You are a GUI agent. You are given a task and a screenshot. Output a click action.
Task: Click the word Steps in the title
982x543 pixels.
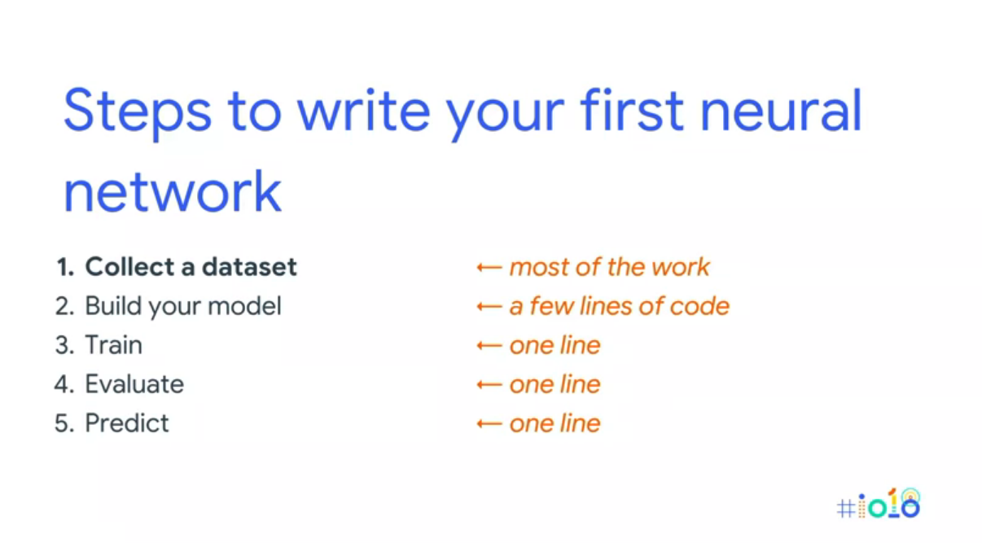pos(138,112)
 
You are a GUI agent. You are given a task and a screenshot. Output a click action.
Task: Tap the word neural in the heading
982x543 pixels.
pos(781,110)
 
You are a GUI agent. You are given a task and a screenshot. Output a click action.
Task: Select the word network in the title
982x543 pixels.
pos(173,191)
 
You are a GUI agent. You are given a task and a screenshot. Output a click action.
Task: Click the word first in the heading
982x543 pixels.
pos(631,110)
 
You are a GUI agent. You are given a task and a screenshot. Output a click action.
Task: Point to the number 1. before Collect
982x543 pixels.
pos(65,267)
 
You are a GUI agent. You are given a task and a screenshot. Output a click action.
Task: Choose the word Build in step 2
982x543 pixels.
pos(113,305)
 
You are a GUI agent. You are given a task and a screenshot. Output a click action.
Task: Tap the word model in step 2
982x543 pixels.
pos(244,305)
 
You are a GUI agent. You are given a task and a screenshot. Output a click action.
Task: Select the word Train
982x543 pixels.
pos(113,345)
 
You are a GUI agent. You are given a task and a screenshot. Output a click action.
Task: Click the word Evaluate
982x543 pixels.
pos(134,384)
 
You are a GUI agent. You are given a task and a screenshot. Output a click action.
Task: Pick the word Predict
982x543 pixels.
pos(127,423)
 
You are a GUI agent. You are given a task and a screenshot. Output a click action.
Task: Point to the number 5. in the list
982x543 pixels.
pos(64,423)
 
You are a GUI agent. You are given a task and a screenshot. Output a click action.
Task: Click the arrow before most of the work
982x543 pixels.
pos(489,267)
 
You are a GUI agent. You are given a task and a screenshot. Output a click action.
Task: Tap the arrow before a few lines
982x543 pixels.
pos(489,306)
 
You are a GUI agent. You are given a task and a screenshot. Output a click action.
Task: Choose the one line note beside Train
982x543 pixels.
pos(555,345)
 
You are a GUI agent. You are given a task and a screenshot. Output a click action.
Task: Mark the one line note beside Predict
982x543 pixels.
pos(555,423)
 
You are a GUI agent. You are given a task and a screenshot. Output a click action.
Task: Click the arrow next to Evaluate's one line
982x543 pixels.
pos(489,385)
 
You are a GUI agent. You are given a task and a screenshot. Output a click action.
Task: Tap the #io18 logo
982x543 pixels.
pos(878,503)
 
